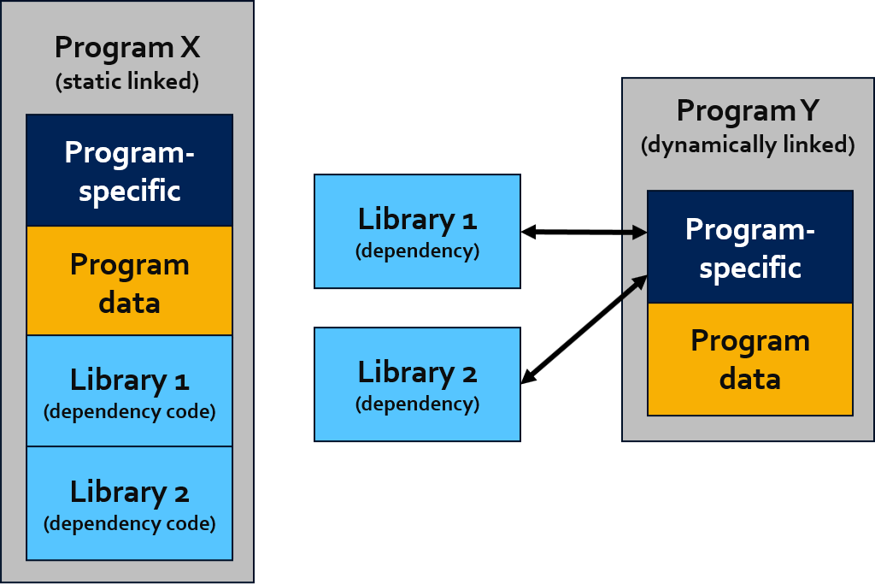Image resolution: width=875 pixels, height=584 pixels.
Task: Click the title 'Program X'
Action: [127, 48]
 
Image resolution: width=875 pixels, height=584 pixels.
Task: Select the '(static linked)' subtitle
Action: [127, 81]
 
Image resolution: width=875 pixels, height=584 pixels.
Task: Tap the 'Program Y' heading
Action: [748, 111]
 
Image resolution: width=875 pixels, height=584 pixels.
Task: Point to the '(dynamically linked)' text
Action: [748, 145]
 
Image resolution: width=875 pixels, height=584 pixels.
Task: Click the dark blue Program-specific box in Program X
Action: [130, 170]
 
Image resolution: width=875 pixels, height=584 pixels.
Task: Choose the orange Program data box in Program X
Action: [130, 280]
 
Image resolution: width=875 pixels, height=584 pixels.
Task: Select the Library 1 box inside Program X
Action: [130, 391]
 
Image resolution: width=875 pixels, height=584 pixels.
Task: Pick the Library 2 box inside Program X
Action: [130, 503]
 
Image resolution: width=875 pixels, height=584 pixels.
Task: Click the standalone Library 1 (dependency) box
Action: [417, 231]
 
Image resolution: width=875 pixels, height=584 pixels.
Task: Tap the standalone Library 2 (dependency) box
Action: [417, 384]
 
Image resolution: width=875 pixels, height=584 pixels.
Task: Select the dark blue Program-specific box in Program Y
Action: [750, 247]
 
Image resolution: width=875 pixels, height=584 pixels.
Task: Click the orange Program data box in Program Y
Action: [750, 360]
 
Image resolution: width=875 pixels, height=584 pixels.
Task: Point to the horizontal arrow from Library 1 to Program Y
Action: [584, 232]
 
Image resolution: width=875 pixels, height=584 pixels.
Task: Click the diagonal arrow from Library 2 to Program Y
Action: [584, 329]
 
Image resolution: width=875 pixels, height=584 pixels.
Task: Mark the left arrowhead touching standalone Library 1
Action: [528, 232]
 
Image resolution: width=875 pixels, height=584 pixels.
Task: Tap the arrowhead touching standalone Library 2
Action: [527, 377]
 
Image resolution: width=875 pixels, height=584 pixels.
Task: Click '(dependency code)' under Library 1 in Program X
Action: [130, 411]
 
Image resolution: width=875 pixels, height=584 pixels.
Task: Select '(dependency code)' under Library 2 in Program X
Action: [130, 523]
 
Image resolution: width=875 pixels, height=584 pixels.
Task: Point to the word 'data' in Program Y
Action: [750, 379]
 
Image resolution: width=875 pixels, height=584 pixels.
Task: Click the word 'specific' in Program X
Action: [130, 192]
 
